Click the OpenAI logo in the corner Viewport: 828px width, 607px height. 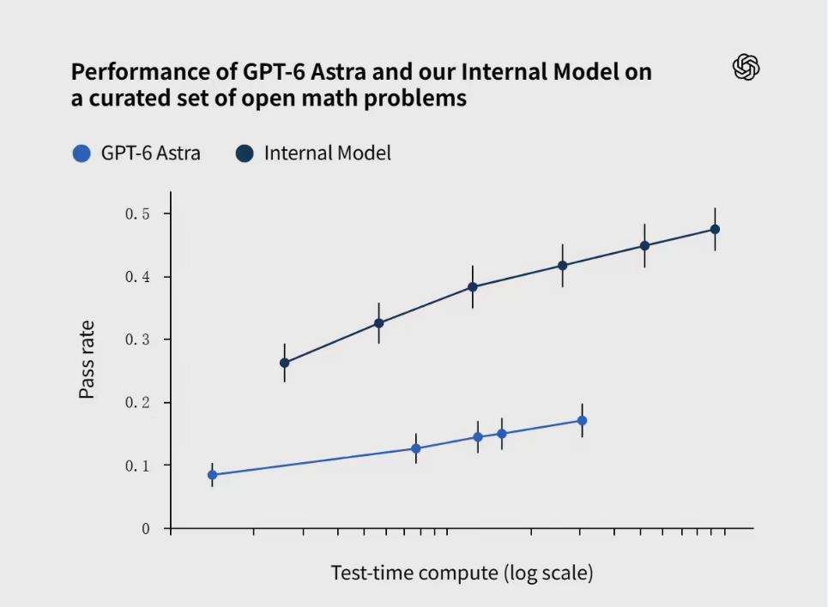click(746, 67)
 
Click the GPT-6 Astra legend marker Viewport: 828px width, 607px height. click(82, 153)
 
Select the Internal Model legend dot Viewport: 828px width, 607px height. click(245, 153)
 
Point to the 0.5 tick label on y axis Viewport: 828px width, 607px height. click(137, 213)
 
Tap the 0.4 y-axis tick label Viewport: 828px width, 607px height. click(137, 277)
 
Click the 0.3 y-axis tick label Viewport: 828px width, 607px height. click(137, 340)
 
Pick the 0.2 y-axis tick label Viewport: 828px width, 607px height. click(137, 402)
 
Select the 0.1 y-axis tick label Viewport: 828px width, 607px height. click(137, 466)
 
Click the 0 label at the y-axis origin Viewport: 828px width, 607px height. click(146, 528)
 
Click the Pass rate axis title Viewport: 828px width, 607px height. click(87, 359)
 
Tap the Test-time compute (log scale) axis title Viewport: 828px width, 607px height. click(462, 573)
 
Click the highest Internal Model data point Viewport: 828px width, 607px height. click(715, 229)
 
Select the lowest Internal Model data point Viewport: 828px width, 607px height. click(285, 363)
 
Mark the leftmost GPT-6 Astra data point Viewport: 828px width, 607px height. click(212, 474)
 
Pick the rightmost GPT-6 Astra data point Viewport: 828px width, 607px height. click(582, 421)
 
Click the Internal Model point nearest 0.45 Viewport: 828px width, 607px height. click(644, 245)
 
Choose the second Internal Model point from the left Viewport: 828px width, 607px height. click(378, 323)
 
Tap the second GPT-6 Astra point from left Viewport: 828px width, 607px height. click(416, 448)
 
